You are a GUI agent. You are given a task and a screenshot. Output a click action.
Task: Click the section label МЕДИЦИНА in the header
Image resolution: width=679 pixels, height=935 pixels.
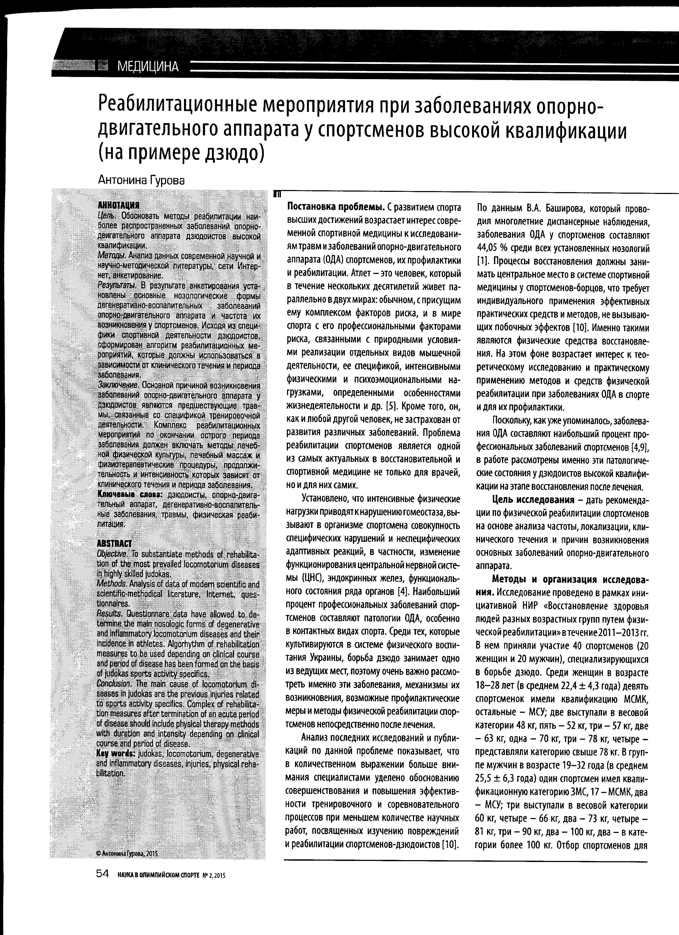pos(148,66)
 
